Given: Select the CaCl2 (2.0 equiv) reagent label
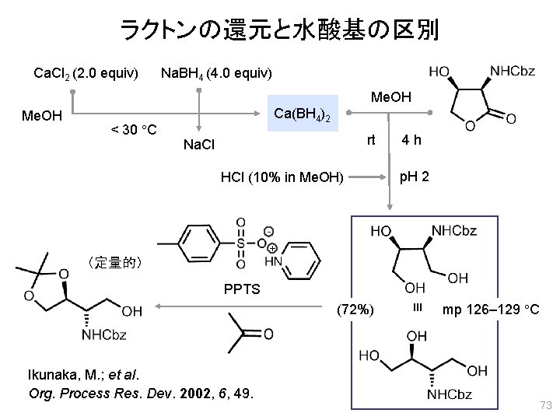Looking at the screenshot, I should (x=86, y=73).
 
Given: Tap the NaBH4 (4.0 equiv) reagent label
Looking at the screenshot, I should (x=215, y=73).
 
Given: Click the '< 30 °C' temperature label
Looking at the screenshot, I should (x=133, y=128).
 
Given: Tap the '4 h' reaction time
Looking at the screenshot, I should (x=411, y=141).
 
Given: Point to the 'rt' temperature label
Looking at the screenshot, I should (x=371, y=141).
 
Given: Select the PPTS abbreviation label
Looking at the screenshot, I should (x=243, y=289).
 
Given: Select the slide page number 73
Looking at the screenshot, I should (x=544, y=405).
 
